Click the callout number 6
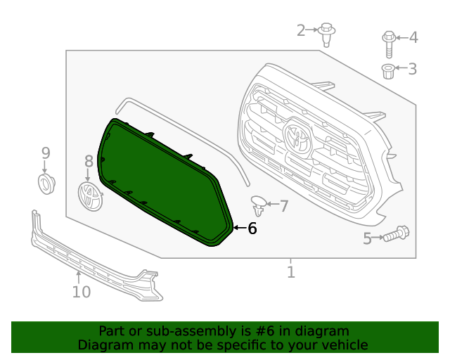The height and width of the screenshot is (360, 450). click(x=252, y=229)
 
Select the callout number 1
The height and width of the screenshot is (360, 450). click(x=290, y=271)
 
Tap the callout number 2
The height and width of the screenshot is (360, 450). click(x=301, y=30)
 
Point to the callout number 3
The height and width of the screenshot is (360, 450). click(x=413, y=68)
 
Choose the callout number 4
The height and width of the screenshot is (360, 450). click(x=413, y=37)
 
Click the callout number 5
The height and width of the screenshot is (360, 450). click(x=367, y=239)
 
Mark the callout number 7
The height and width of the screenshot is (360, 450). click(x=284, y=206)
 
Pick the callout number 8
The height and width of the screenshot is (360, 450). click(x=89, y=162)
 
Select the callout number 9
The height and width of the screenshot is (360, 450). click(x=46, y=153)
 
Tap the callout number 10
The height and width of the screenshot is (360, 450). click(x=82, y=291)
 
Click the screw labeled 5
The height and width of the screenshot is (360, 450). click(x=396, y=233)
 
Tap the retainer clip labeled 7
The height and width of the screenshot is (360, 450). click(x=259, y=205)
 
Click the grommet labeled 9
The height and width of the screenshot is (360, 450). click(x=46, y=184)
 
